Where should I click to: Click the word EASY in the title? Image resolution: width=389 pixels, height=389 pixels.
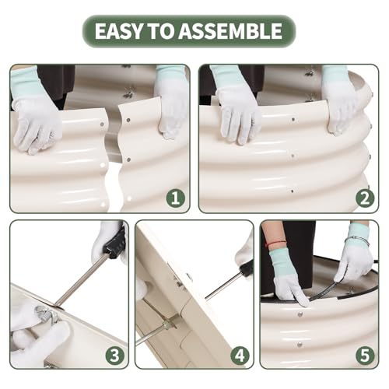(x=118, y=31)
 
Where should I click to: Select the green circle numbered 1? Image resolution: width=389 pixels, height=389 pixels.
(x=175, y=198)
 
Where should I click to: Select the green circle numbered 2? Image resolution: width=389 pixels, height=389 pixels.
(x=365, y=198)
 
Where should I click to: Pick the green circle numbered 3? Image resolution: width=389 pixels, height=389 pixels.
(x=115, y=355)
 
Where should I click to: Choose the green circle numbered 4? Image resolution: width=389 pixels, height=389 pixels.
(x=240, y=355)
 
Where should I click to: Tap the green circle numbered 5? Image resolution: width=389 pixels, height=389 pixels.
(x=365, y=355)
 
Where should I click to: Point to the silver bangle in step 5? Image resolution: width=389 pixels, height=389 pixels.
(x=358, y=241)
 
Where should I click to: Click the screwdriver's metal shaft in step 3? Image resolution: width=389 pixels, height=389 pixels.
(x=79, y=281)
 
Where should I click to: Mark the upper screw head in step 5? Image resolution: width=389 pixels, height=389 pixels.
(x=300, y=314)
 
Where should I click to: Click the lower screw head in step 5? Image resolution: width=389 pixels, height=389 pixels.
(x=300, y=345)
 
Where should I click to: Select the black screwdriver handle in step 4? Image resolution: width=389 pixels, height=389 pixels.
(x=248, y=270)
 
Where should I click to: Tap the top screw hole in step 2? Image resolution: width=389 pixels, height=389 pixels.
(x=293, y=120)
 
